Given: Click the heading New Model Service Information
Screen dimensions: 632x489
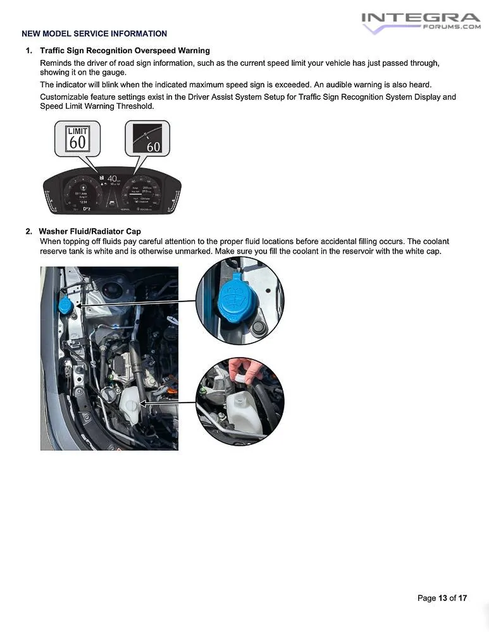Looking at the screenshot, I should click(94, 33).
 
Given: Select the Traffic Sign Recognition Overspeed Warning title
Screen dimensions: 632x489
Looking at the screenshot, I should click(125, 51).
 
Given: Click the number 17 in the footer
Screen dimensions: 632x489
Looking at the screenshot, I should click(462, 598).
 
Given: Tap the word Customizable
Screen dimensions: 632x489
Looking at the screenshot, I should click(64, 97).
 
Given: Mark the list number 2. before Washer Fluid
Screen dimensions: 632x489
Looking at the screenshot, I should click(29, 231).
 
